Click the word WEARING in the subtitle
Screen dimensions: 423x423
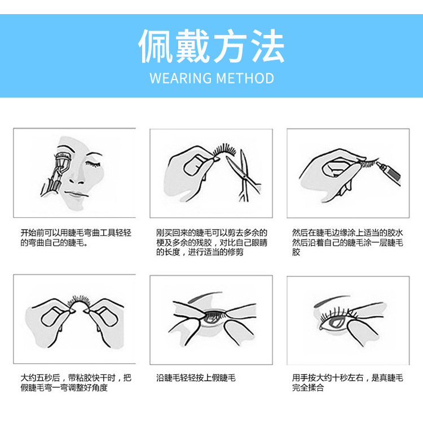coord(180,78)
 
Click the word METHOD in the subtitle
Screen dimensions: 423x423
coord(246,78)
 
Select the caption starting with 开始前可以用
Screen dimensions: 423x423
coord(76,237)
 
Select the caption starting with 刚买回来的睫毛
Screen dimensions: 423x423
coord(211,242)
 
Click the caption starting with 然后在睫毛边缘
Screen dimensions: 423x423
coord(347,242)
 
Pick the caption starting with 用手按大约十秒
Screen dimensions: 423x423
coord(347,382)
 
